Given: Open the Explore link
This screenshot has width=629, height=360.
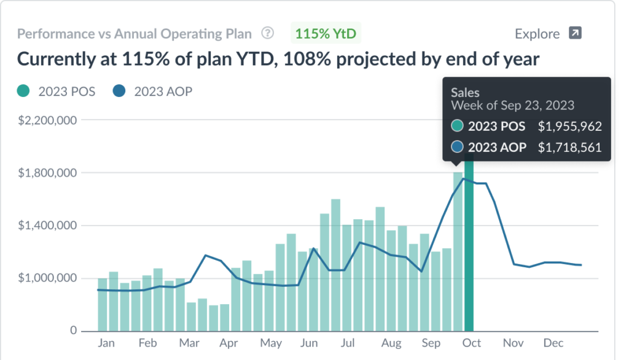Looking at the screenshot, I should click(537, 34).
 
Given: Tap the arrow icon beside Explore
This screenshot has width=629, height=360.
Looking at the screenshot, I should click(574, 33).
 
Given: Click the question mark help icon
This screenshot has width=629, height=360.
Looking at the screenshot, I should click(267, 33).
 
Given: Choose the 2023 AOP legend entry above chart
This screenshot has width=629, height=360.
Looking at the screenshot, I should click(154, 92).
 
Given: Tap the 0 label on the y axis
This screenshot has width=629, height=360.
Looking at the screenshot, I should click(72, 331).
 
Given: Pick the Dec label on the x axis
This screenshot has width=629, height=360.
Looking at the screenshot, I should click(553, 343).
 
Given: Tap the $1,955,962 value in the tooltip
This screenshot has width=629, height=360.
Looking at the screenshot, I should click(569, 127).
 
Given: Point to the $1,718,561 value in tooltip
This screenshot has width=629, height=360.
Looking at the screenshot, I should click(569, 147).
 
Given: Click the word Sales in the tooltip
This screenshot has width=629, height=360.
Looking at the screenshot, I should click(465, 92).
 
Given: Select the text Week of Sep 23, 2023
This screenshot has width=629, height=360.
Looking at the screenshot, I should click(512, 105).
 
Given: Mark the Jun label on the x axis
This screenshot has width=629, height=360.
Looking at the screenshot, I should click(310, 343).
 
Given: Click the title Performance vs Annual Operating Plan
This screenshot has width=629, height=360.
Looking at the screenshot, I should click(135, 33).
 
